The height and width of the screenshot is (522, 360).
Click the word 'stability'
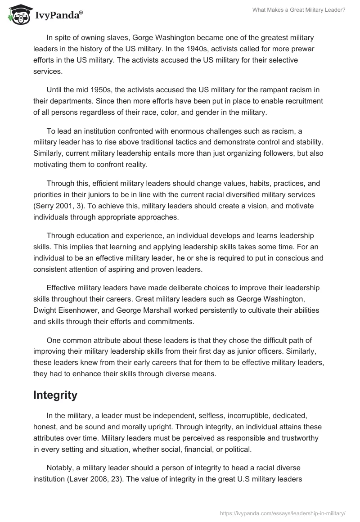click(310, 142)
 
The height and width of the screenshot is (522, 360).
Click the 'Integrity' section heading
click(55, 395)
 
